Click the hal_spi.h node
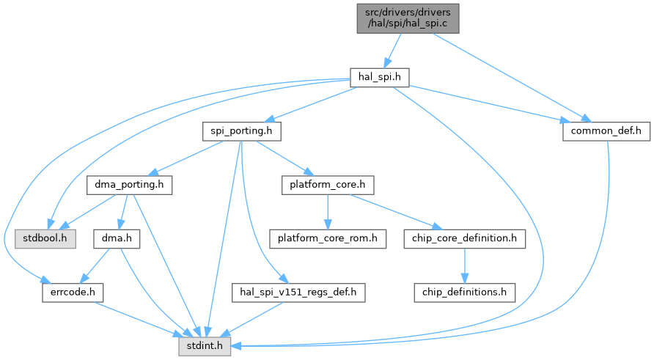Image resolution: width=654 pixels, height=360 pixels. point(378,76)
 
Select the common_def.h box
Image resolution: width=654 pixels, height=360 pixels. point(601,131)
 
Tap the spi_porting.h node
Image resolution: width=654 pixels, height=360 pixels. point(241,131)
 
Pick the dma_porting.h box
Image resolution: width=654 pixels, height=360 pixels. point(129,185)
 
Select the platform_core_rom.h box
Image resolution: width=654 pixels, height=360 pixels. point(327,239)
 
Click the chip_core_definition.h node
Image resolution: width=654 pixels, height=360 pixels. point(463,239)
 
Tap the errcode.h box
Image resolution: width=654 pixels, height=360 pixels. point(72,293)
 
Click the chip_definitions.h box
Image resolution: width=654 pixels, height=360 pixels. point(463,293)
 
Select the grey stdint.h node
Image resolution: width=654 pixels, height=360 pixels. point(205,345)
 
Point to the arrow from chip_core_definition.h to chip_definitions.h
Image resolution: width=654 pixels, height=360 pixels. point(463,265)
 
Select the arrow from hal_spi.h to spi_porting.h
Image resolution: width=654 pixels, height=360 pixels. point(308,104)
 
